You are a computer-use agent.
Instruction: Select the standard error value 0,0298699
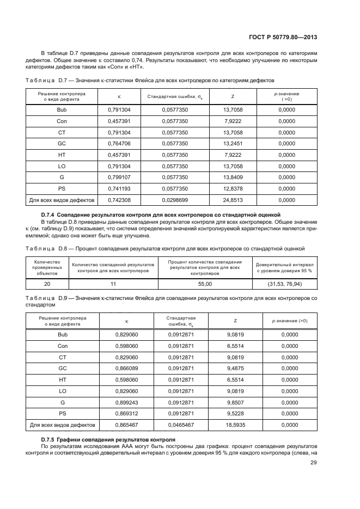[175, 200]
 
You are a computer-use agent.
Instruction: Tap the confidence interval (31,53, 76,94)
[285, 284]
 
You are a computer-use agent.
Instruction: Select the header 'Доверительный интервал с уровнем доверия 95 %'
[285, 267]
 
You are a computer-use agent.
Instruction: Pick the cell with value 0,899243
[127, 402]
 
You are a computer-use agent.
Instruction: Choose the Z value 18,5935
[235, 425]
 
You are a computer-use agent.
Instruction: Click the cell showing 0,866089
[127, 368]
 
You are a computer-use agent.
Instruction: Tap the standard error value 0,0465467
[181, 425]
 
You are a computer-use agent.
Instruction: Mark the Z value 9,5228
[235, 413]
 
